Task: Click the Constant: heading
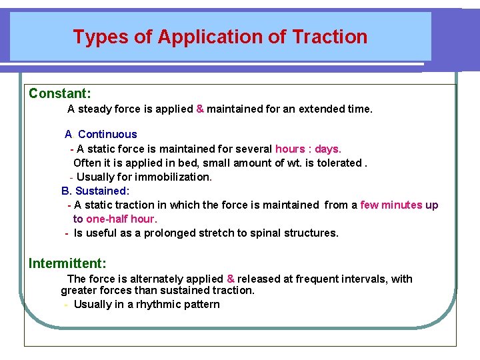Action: pyautogui.click(x=60, y=93)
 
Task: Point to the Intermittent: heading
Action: pyautogui.click(x=67, y=263)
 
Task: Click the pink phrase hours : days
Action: pyautogui.click(x=308, y=149)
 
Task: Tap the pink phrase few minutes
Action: pyautogui.click(x=391, y=205)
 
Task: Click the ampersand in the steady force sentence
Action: pyautogui.click(x=200, y=109)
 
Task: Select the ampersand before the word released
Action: pyautogui.click(x=230, y=279)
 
